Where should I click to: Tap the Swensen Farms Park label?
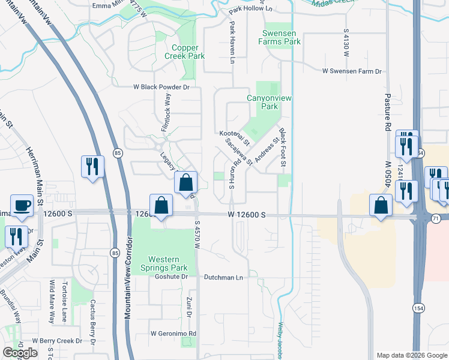click(x=279, y=38)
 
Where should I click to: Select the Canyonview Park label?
click(x=262, y=102)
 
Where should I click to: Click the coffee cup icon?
click(x=22, y=205)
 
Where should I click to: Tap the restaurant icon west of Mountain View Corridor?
click(x=92, y=166)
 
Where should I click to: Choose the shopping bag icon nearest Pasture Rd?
click(x=381, y=206)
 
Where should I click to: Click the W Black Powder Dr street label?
click(x=161, y=87)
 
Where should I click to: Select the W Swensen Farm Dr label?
click(x=352, y=71)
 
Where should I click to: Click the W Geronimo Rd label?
click(x=173, y=334)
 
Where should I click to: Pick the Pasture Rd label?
click(x=388, y=108)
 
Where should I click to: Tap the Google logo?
click(x=20, y=353)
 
